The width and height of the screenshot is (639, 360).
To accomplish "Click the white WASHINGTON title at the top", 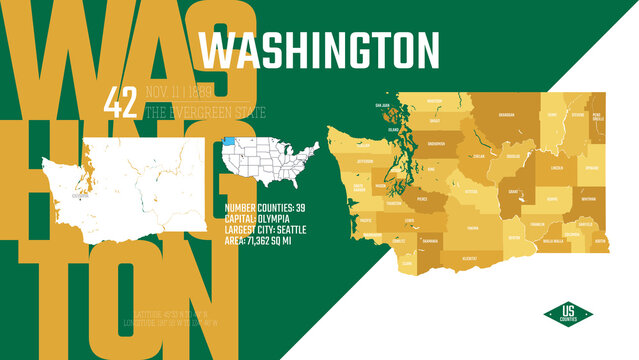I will coord(319,50).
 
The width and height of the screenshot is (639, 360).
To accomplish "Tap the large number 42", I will coord(121,101).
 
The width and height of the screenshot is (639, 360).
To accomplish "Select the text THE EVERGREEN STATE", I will coord(205,112).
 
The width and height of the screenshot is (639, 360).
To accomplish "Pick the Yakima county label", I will coord(472,227).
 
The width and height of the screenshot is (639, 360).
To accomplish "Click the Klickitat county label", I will coord(468,258).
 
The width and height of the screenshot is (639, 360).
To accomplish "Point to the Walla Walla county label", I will coord(553,240).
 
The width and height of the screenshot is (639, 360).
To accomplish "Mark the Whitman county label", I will coord(587,198).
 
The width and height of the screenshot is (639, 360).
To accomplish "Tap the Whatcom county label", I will coord(434,101).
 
